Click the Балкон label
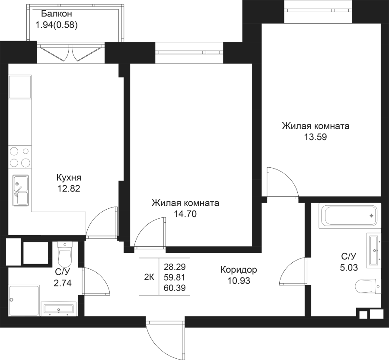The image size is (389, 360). click(x=56, y=14)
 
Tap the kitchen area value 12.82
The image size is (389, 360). click(x=69, y=189)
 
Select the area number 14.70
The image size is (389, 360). click(x=185, y=213)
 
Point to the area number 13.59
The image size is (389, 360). click(x=316, y=137)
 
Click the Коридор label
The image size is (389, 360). click(x=239, y=270)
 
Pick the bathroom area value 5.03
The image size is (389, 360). click(x=349, y=268)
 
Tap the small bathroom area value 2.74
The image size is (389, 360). click(x=63, y=283)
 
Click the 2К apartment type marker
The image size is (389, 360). click(x=149, y=277)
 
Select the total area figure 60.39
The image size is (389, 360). click(x=175, y=288)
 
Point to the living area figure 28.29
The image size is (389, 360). click(x=175, y=267)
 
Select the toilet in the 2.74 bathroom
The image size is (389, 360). click(x=64, y=254)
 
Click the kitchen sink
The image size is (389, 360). click(x=21, y=190)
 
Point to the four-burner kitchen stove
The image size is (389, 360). click(x=20, y=157)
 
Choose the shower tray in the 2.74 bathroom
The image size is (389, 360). click(x=24, y=300)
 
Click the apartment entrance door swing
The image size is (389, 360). click(x=166, y=340)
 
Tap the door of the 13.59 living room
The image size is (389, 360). click(x=283, y=183)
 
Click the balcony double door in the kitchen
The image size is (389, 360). click(x=71, y=53)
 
